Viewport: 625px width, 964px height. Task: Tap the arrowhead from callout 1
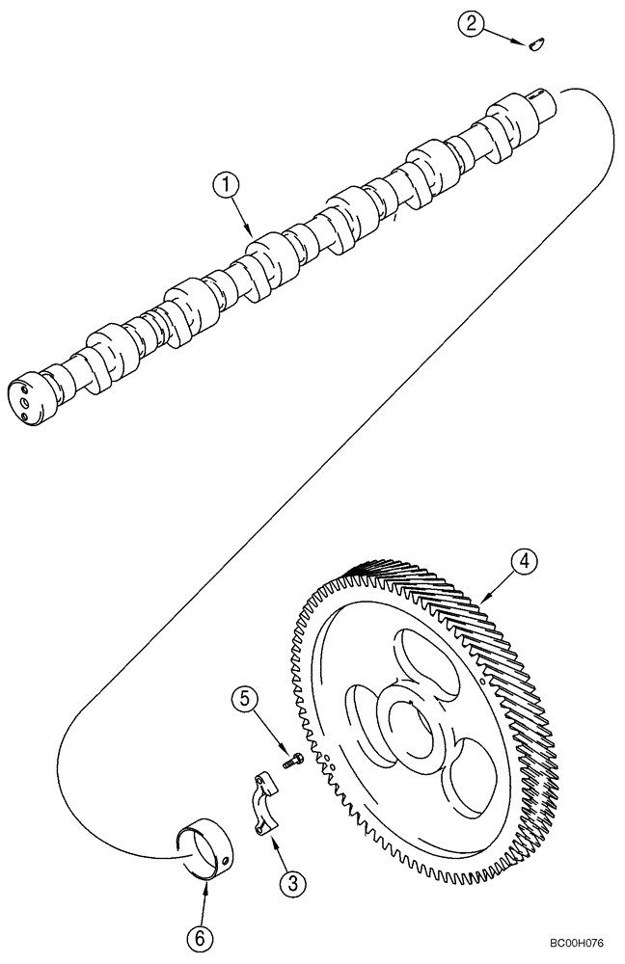(254, 234)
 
